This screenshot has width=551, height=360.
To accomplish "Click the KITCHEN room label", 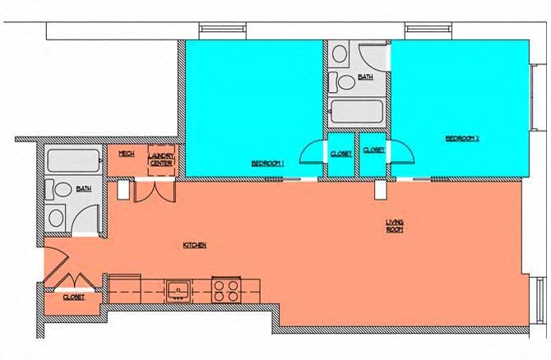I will click(194, 245).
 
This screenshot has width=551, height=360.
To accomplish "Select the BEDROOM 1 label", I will click(267, 163).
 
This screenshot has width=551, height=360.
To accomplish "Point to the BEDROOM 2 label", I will click(462, 139).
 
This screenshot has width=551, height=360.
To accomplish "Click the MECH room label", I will click(126, 154).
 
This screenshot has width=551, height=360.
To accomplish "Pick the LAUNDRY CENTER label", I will click(160, 159).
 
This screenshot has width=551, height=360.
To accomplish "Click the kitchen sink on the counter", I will click(178, 289).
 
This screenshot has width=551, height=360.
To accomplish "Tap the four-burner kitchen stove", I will click(226, 289).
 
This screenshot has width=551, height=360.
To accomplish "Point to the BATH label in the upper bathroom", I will click(365, 77).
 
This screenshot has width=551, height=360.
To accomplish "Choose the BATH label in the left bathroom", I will click(84, 189).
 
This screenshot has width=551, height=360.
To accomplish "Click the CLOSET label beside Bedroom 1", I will click(341, 154).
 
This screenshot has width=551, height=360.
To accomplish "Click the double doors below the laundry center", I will click(155, 189).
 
